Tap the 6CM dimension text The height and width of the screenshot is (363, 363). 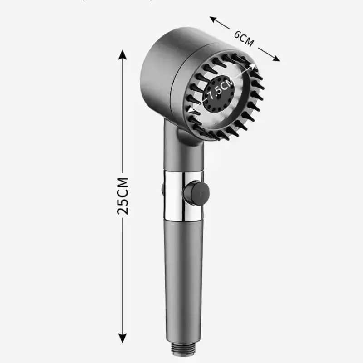pos(244,39)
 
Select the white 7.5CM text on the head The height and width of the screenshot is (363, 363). pos(220,88)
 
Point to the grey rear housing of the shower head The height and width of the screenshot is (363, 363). pos(159,68)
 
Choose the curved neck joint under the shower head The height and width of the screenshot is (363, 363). pos(186,136)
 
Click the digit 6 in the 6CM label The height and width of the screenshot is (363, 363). pos(237,35)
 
